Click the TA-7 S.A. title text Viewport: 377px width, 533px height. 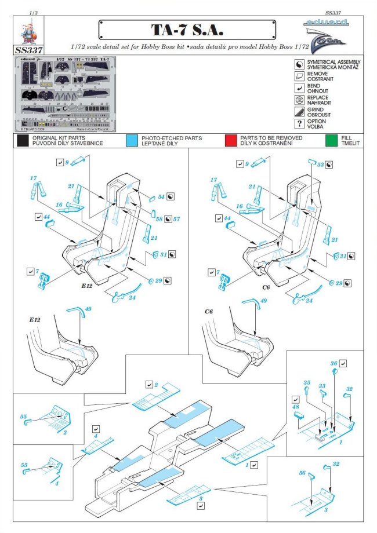pyautogui.click(x=188, y=30)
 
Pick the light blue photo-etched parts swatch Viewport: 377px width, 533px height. pyautogui.click(x=132, y=140)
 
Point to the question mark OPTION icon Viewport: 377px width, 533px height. pyautogui.click(x=299, y=124)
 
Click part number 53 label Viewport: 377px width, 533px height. pyautogui.click(x=320, y=165)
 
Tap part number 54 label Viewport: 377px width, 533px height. pyautogui.click(x=162, y=198)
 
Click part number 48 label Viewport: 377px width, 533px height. pyautogui.click(x=296, y=407)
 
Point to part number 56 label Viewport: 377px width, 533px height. pyautogui.click(x=302, y=473)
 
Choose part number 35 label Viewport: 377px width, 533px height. pyautogui.click(x=307, y=383)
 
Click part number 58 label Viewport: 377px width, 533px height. pyautogui.click(x=159, y=220)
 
